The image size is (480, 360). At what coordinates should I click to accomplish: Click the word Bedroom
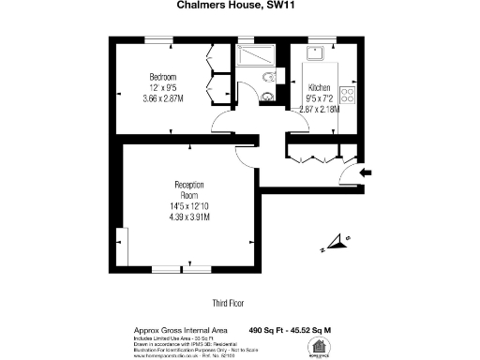click(x=163, y=77)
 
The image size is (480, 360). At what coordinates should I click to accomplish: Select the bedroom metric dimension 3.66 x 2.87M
click(x=163, y=98)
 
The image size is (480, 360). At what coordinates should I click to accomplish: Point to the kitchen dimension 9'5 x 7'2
click(x=320, y=97)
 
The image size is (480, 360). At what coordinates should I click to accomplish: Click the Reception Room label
click(x=189, y=190)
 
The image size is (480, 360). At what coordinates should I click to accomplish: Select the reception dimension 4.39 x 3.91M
click(x=189, y=217)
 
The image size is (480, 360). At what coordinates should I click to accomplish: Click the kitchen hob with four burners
click(x=347, y=94)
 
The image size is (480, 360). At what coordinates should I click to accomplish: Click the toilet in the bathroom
click(x=269, y=78)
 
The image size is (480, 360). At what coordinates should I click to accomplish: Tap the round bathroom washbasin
click(x=268, y=95)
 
